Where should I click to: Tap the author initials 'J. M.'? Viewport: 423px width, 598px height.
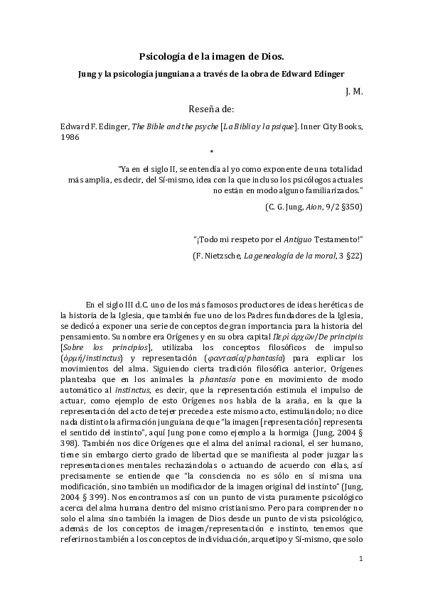point(354,91)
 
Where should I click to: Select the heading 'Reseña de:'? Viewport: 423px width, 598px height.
point(211,109)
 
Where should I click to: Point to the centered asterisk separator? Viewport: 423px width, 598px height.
point(211,151)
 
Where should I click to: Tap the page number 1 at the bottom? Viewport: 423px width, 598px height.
point(360,559)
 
